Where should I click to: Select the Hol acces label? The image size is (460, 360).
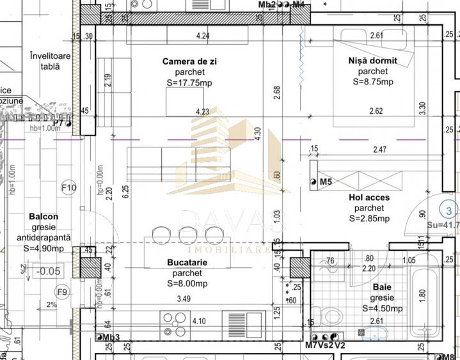[369, 198]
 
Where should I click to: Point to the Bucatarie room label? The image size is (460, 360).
[184, 262]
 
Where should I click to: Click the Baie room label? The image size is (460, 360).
[384, 288]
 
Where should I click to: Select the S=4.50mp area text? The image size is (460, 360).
[383, 308]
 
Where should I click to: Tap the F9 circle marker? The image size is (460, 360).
[62, 293]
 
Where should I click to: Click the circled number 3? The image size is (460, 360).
[450, 210]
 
